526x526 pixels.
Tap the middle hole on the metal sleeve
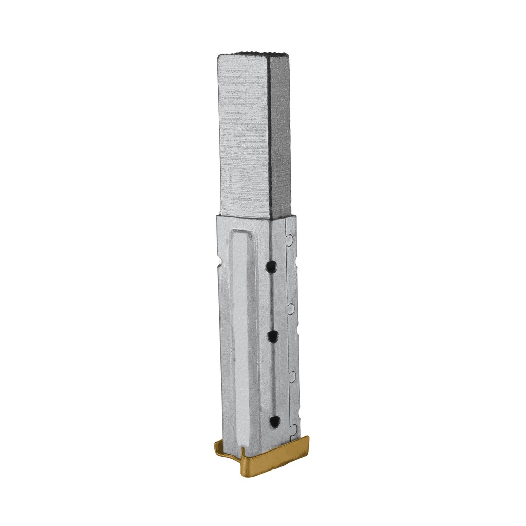click(272, 336)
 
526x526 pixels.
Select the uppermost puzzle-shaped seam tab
click(290, 239)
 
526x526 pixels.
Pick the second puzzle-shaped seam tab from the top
click(291, 308)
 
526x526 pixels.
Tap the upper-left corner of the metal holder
click(218, 218)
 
